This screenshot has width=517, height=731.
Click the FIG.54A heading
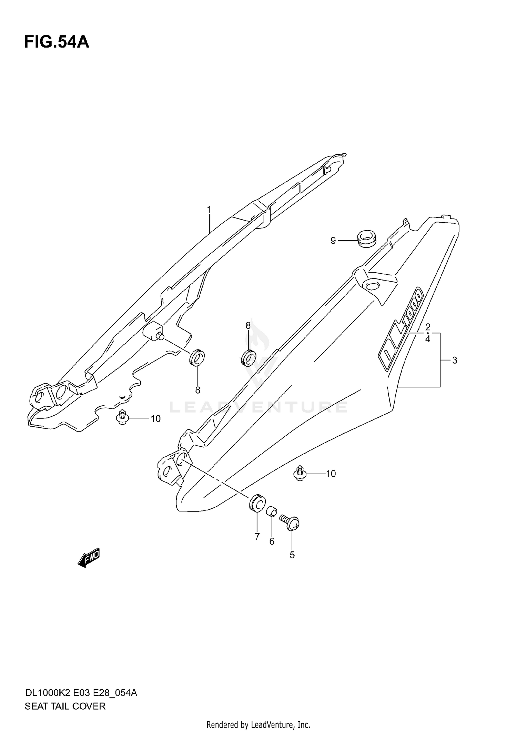coord(57,42)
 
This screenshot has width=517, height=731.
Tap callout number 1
coord(209,210)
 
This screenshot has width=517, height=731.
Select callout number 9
coord(333,241)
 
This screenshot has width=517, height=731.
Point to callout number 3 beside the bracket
coord(455,361)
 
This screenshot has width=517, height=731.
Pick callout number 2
coord(428,327)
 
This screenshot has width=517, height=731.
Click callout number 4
coord(428,339)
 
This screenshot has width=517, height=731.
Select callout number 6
coord(272,541)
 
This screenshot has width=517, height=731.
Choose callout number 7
coord(257,536)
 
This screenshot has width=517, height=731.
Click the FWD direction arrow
coord(89,557)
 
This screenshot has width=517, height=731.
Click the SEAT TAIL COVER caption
coord(65,706)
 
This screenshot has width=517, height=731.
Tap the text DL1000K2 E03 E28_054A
coord(81,693)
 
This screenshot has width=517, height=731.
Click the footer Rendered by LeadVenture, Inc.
coord(258,725)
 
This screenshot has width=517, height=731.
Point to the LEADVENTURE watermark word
coord(258,407)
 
